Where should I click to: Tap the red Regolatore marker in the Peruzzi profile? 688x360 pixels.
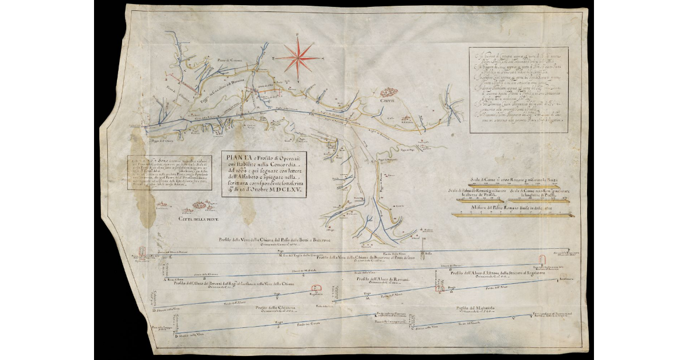click(x=314, y=288)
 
